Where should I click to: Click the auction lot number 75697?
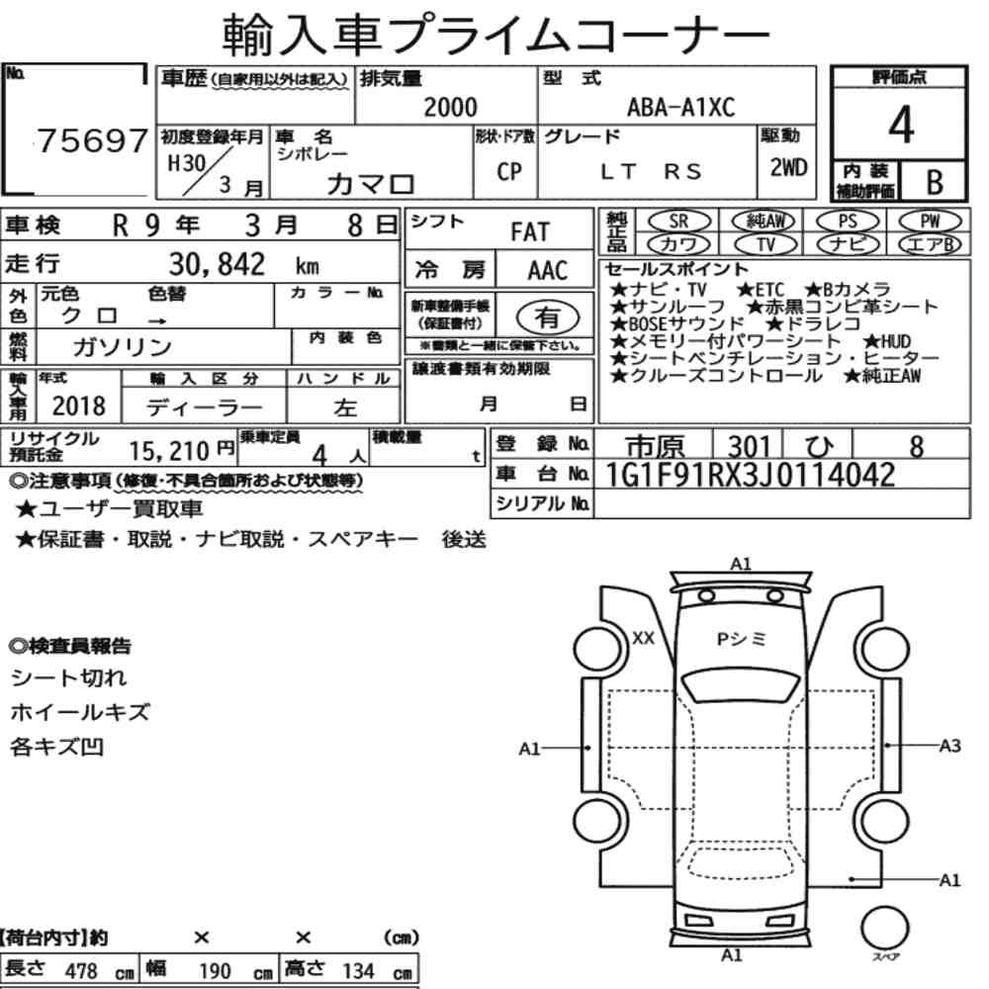93,140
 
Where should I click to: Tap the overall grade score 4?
901,125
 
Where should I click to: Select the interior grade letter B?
935,182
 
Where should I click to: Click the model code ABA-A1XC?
680,107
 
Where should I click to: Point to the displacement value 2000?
450,107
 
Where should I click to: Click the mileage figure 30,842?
217,264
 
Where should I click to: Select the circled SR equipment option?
678,221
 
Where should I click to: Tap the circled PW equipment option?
930,221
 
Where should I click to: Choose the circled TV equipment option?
764,243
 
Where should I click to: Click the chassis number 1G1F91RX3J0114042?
750,475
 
